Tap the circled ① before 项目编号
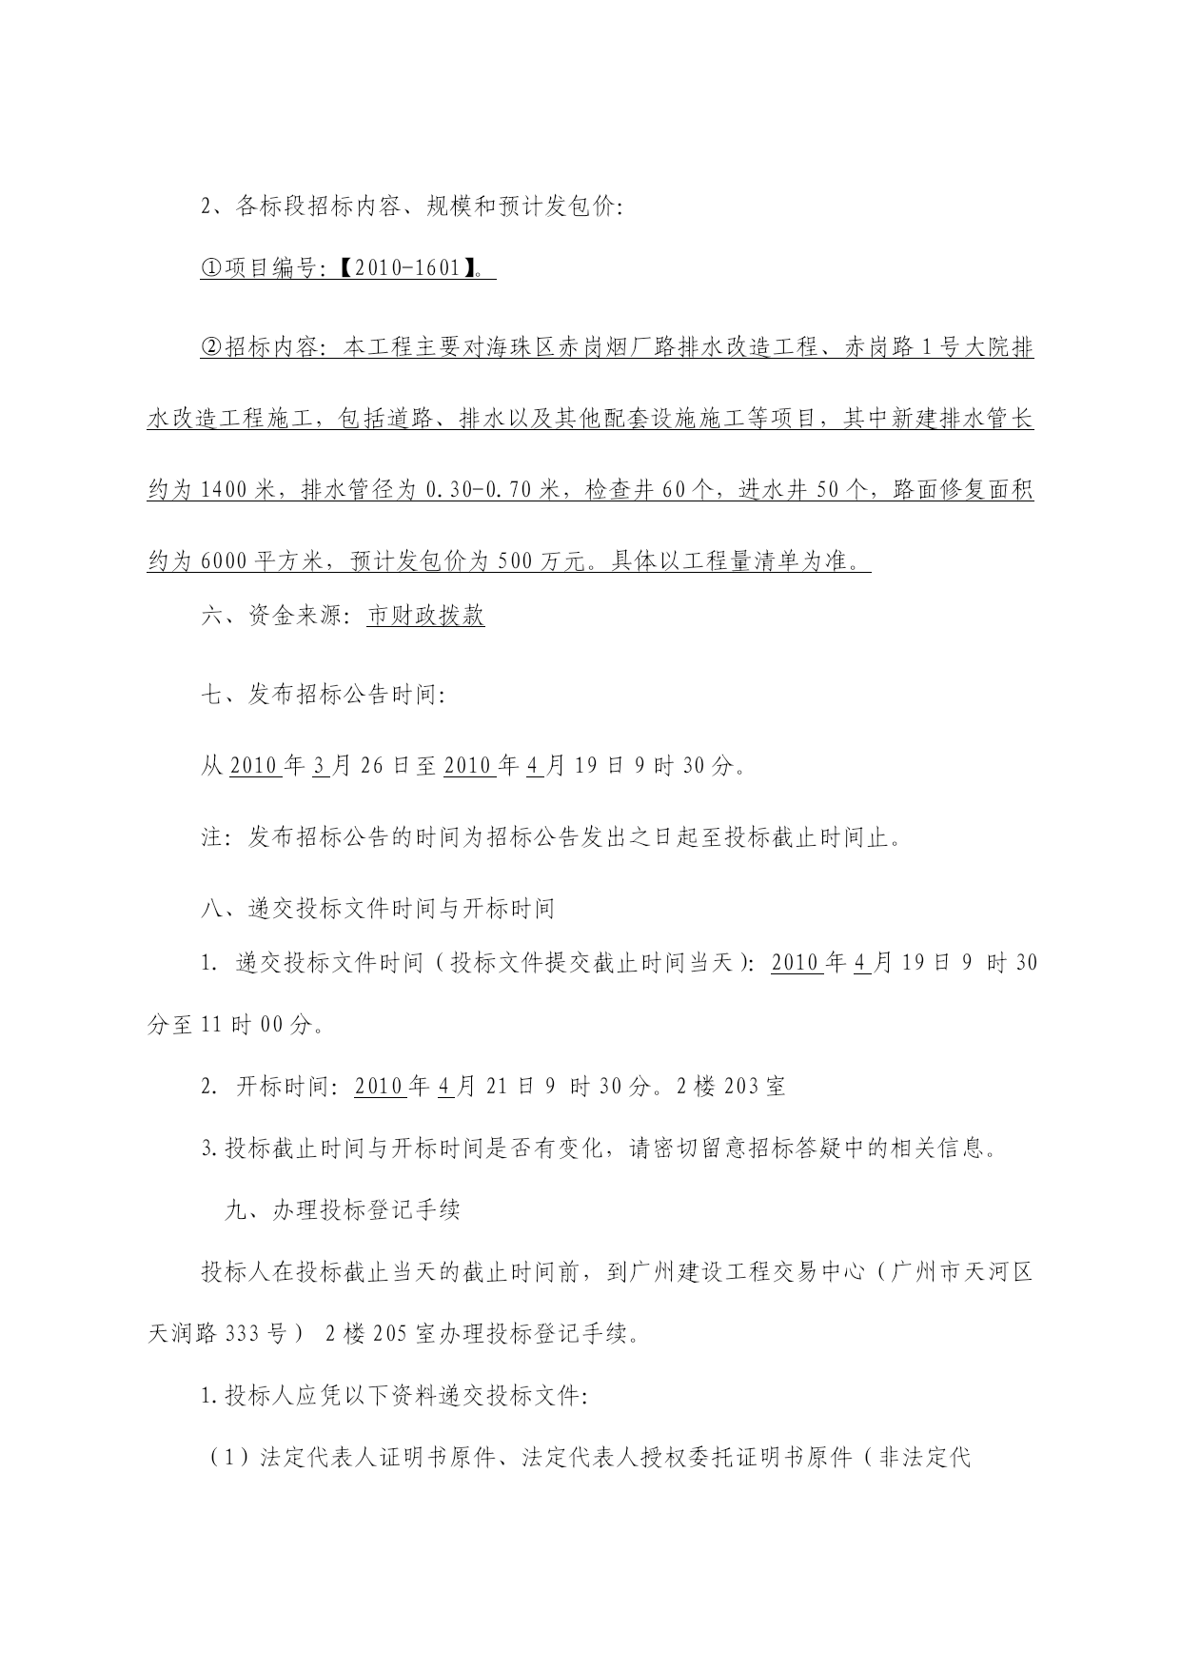[210, 269]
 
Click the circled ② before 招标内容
[210, 348]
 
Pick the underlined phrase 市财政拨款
[425, 617]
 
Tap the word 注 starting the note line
[211, 837]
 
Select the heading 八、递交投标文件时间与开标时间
[378, 909]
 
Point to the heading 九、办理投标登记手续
[342, 1210]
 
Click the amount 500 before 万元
[515, 561]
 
